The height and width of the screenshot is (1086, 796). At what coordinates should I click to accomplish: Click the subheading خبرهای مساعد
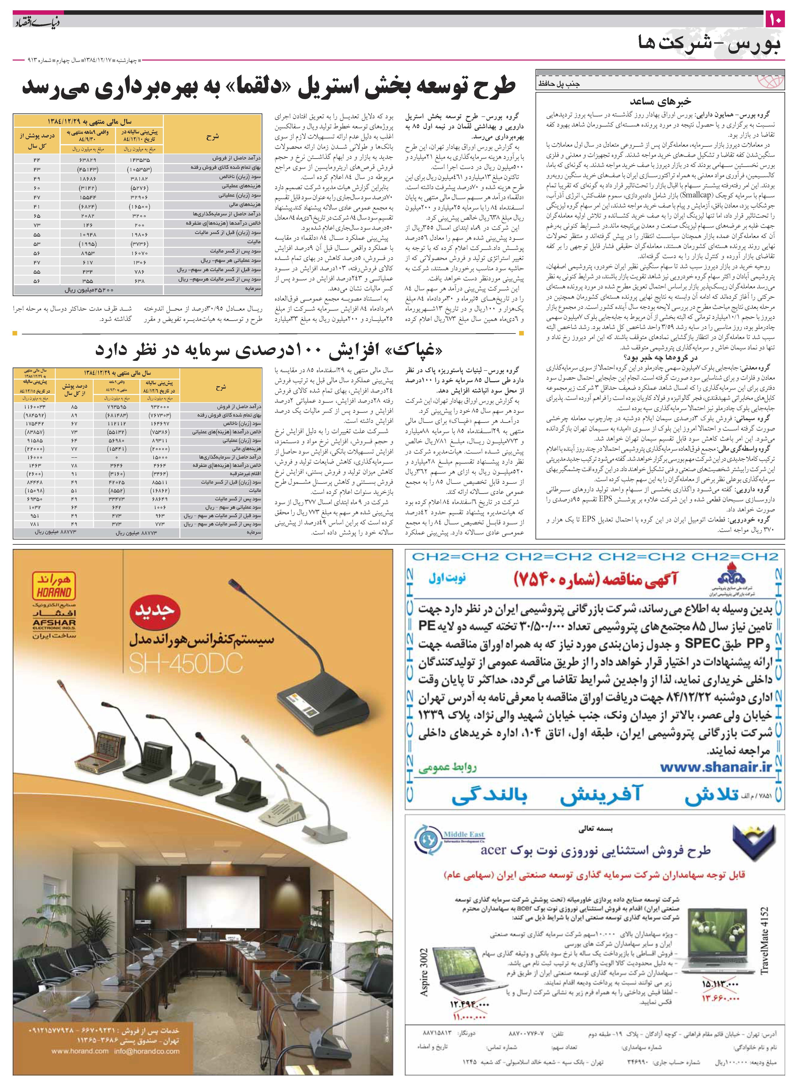tap(660, 102)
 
